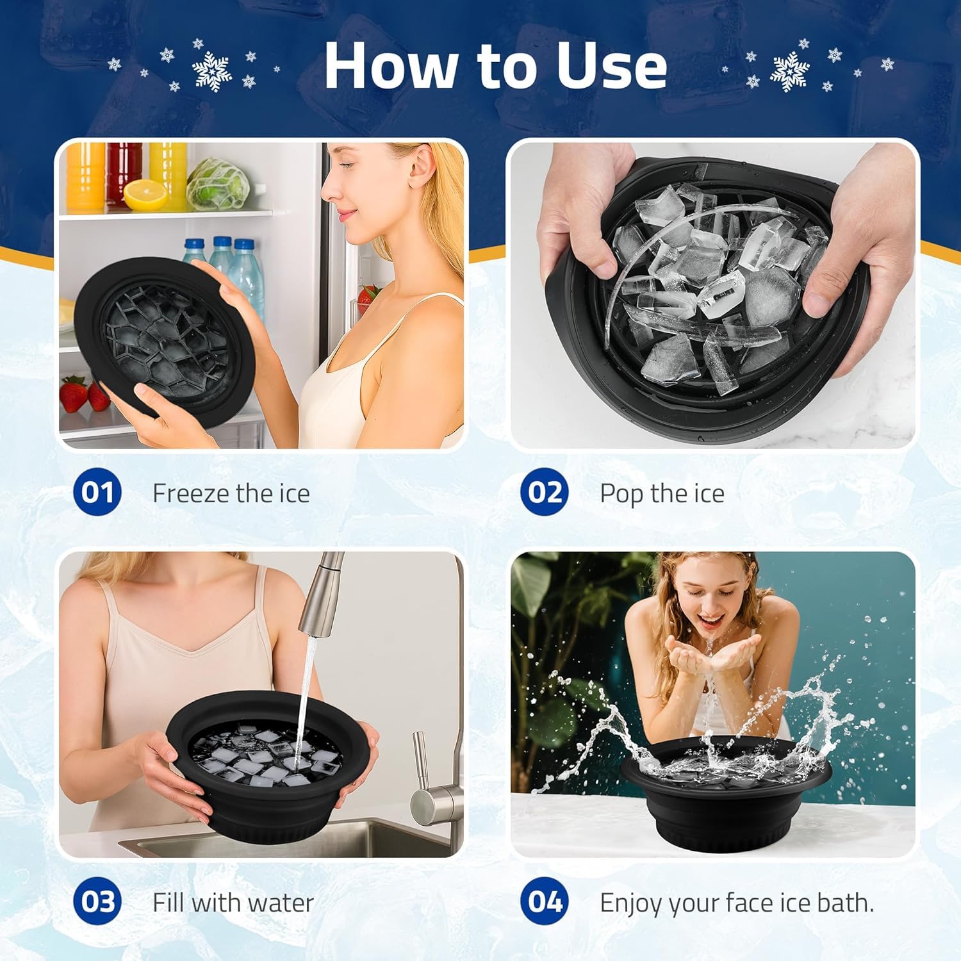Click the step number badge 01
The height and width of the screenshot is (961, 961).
point(97,492)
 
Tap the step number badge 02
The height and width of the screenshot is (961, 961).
point(544,492)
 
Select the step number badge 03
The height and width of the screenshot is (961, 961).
point(97,901)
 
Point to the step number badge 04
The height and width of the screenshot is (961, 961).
point(544,901)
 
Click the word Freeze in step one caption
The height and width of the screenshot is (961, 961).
point(191,493)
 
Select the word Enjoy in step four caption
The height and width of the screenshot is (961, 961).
point(631,903)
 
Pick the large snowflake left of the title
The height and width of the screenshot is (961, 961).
point(212,70)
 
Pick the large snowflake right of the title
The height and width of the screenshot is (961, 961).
point(790,72)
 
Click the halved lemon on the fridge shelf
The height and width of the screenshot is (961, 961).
point(145,195)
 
